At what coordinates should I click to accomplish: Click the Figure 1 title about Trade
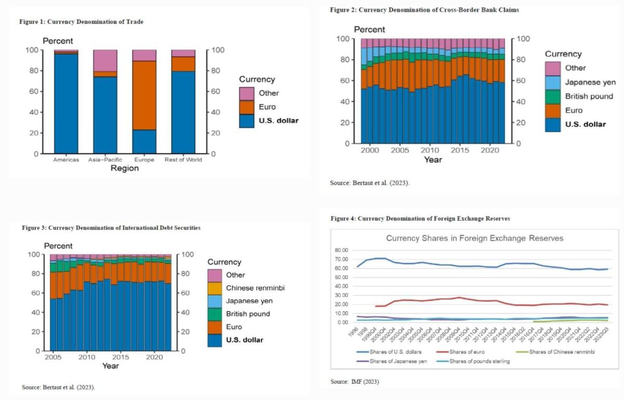click(x=81, y=22)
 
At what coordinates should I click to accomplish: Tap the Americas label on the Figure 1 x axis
click(x=66, y=160)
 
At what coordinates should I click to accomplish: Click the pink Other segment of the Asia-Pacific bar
click(x=105, y=61)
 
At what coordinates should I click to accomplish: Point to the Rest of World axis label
click(x=183, y=160)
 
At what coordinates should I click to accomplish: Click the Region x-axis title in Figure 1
click(x=124, y=169)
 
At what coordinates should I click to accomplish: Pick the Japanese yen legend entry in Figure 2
click(x=590, y=82)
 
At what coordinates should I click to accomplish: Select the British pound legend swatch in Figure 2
click(x=553, y=96)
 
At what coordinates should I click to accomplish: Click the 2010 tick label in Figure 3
click(x=87, y=358)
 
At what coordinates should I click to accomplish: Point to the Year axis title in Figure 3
click(x=110, y=366)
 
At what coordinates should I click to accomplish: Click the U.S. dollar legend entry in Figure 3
click(x=245, y=340)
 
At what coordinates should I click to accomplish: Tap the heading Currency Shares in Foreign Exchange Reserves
click(x=474, y=238)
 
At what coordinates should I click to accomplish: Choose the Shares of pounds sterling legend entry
click(x=479, y=361)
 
